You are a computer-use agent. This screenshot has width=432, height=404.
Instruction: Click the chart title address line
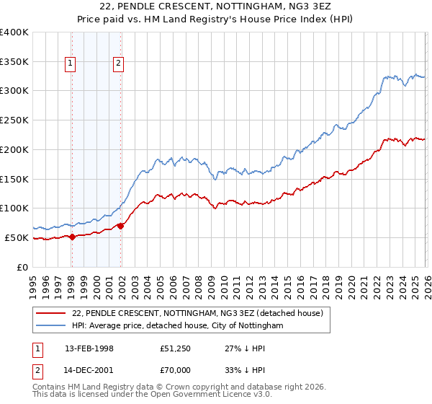coord(216,6)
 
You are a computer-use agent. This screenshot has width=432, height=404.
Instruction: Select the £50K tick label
coord(17,237)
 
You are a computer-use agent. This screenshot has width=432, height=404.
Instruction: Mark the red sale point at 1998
coord(72,237)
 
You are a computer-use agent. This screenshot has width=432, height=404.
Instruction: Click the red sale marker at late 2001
coord(120,226)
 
